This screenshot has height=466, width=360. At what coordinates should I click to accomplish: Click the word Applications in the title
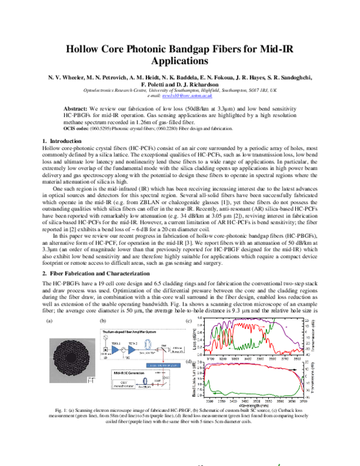point(179,61)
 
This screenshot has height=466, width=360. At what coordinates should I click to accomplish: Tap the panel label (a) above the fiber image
point(50,322)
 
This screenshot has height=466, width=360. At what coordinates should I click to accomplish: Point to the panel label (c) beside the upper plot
point(189,322)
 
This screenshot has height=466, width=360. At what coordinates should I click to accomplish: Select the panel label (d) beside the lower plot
point(189,378)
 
